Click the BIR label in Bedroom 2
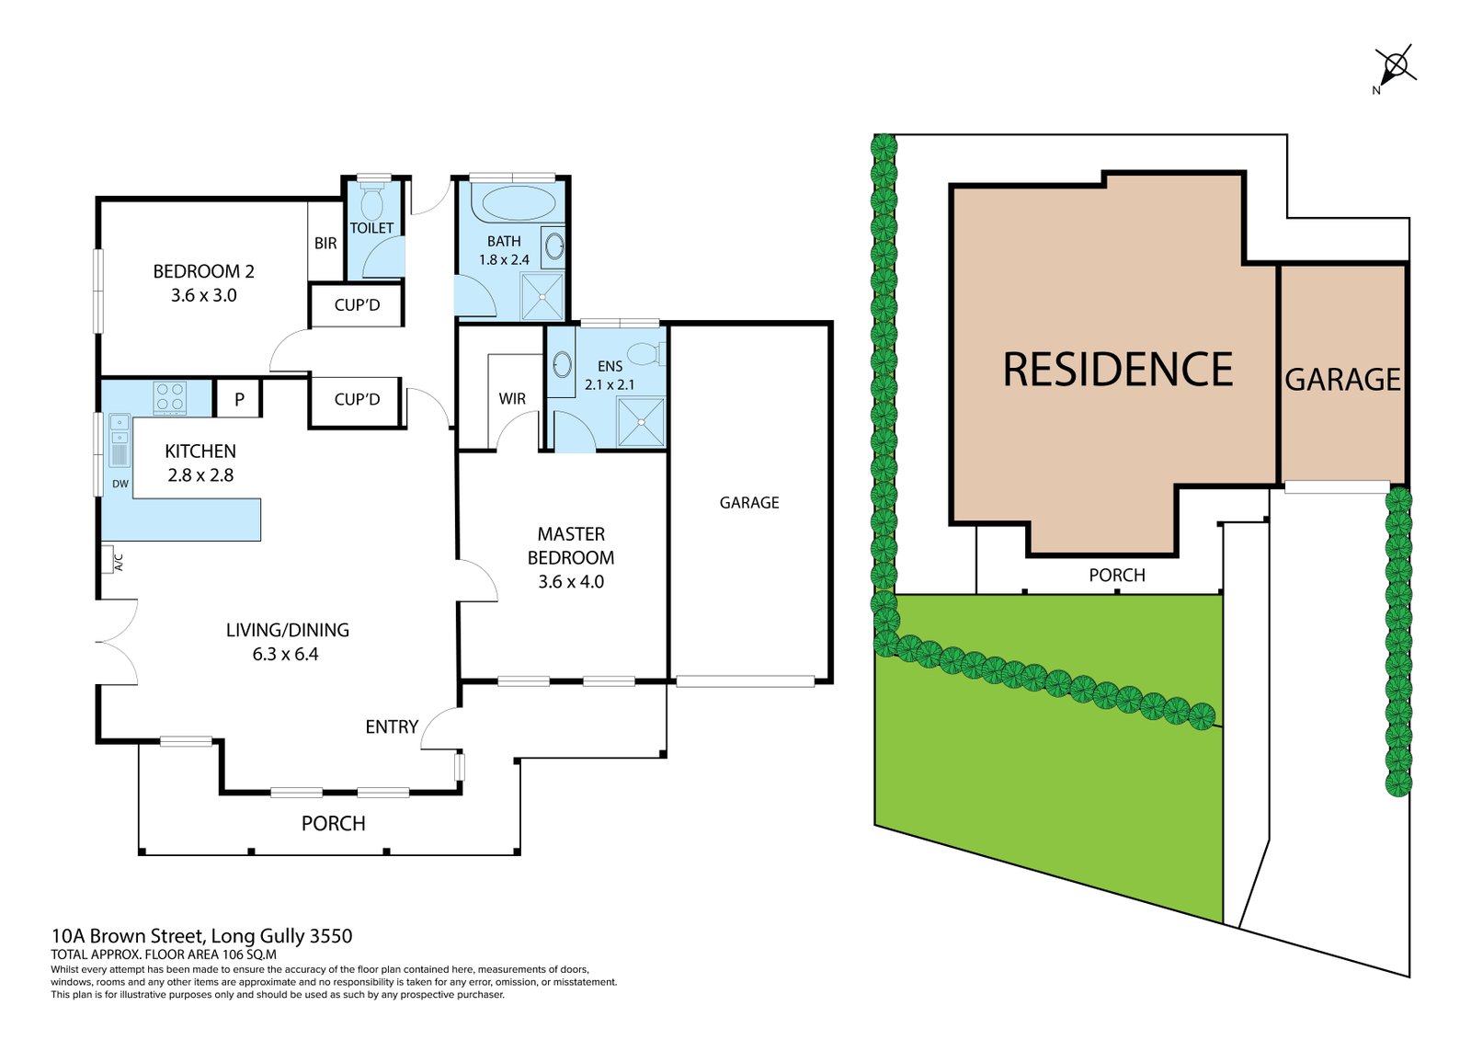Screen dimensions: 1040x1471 pos(325,244)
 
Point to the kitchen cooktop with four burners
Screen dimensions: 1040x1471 pos(170,397)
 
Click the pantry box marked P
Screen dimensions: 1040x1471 pos(239,400)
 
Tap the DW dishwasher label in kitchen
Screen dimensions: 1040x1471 pos(120,484)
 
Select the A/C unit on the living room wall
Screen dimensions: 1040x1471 pos(108,559)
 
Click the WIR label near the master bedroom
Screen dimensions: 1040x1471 pos(512,399)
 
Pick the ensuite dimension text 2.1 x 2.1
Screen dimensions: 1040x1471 pos(610,385)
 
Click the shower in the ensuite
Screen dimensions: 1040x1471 pos(640,423)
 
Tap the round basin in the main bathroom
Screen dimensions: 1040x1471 pos(554,246)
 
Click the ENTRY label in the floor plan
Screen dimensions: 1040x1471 pos(392,727)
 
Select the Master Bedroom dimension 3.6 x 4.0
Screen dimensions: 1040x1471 pos(571,582)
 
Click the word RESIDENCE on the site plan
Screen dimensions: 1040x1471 pos(1117,370)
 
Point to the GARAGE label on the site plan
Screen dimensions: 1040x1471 pos(1342,380)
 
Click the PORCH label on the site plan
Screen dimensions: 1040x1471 pos(1117,576)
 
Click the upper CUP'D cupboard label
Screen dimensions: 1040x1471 pos(357,305)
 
